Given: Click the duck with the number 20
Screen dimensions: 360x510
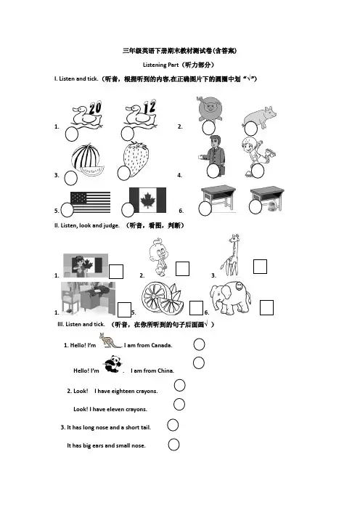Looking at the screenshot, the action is click(x=87, y=114).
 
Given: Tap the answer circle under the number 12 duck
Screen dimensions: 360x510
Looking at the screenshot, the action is click(x=127, y=134).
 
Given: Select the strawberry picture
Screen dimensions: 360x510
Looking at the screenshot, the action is click(x=136, y=159).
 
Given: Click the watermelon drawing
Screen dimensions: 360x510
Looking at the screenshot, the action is click(x=87, y=160).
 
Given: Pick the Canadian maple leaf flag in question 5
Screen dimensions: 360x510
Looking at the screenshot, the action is click(x=147, y=200).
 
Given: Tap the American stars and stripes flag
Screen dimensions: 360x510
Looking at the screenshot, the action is click(x=90, y=202).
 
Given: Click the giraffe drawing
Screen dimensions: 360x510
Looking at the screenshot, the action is click(x=232, y=255).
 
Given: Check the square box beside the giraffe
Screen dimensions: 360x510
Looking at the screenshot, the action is click(x=260, y=267).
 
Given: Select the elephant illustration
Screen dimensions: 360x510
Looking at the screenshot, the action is click(x=230, y=298).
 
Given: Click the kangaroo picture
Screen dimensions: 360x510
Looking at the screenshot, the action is click(x=110, y=341).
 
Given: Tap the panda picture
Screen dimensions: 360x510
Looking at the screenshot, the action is click(x=112, y=364).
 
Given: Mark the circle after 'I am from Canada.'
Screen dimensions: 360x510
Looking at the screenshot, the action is click(x=199, y=344).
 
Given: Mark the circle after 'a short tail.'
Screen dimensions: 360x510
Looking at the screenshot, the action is click(x=173, y=425).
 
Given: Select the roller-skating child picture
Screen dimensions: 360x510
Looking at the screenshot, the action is click(x=258, y=156).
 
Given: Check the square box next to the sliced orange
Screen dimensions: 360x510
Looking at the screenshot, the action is click(x=196, y=308).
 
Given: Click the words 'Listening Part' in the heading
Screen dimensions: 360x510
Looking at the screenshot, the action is click(x=161, y=65).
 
